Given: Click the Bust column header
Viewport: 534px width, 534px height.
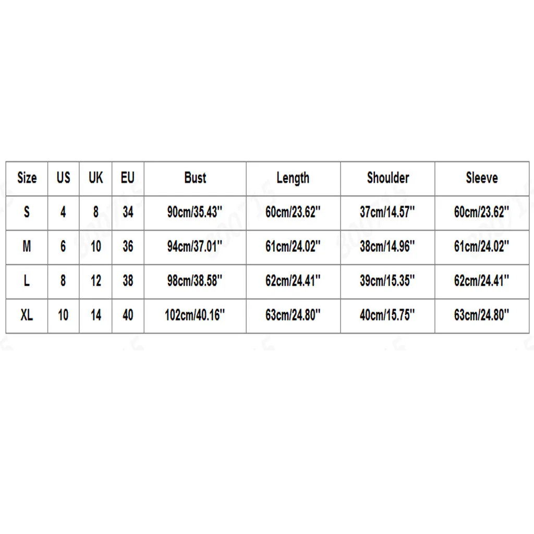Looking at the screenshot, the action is (x=195, y=178).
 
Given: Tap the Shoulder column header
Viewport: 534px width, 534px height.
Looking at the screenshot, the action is (x=388, y=178).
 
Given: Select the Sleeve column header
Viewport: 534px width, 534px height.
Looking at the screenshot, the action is (x=482, y=178).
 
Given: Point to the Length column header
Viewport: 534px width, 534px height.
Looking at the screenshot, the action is (x=293, y=178).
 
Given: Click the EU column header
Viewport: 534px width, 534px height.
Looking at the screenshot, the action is (x=128, y=178).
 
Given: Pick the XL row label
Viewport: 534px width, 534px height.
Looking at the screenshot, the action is (x=27, y=315).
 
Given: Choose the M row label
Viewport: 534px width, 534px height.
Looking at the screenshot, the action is (x=27, y=246).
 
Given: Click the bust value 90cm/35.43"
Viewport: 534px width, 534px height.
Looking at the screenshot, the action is (x=195, y=212).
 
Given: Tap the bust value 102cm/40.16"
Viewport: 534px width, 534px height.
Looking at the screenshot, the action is (x=195, y=315).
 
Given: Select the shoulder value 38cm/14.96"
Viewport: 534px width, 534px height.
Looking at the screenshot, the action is (x=387, y=246).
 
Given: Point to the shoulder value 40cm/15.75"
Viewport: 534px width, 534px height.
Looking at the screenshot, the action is (x=387, y=315).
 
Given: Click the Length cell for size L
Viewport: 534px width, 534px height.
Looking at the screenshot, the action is (x=293, y=281).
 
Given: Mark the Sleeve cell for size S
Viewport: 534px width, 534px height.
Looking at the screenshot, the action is (x=481, y=212).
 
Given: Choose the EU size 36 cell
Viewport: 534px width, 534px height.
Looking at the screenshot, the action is (x=128, y=246).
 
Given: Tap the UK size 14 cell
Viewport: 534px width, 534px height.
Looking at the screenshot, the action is (x=96, y=315).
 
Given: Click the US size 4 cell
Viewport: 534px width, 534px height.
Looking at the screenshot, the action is (x=63, y=212).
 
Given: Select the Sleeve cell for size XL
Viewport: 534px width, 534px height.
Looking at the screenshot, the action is (x=481, y=315).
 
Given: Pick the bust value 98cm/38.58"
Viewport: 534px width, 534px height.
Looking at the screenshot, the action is (x=195, y=281).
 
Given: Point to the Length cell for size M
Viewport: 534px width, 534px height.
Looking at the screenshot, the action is (x=293, y=246).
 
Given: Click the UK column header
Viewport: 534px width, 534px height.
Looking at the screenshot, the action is (x=96, y=178).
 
